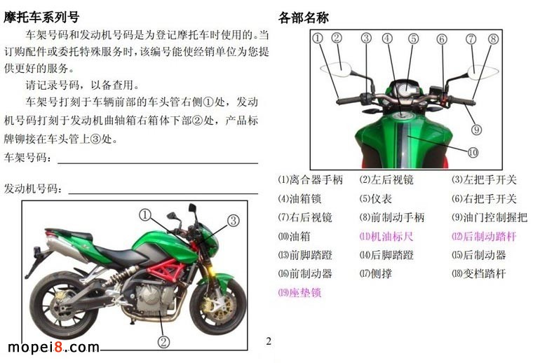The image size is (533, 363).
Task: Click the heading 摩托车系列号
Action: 41,17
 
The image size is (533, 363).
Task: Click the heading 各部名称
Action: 304,18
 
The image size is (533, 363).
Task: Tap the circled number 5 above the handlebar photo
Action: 413,39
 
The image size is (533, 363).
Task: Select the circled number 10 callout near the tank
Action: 473,153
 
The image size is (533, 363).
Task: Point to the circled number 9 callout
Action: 477,130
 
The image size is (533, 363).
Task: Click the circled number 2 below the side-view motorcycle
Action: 163,341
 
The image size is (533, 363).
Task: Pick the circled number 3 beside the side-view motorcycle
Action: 233,221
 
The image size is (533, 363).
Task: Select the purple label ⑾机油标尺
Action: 386,236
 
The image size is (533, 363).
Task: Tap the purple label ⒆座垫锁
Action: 300,292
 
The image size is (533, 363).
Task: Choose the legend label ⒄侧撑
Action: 376,273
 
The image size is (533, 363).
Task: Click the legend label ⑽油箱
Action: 295,236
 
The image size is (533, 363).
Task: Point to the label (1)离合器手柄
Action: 311,179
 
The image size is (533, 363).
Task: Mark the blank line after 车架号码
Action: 158,163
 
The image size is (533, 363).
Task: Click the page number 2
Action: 269,341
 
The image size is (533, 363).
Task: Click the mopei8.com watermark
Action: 53,347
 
